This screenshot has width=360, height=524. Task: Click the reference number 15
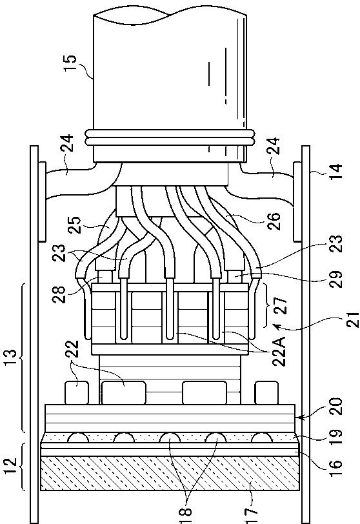[71, 62]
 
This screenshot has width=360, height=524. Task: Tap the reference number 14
[337, 172]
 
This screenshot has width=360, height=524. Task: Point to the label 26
[274, 221]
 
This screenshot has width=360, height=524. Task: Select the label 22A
[279, 351]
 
